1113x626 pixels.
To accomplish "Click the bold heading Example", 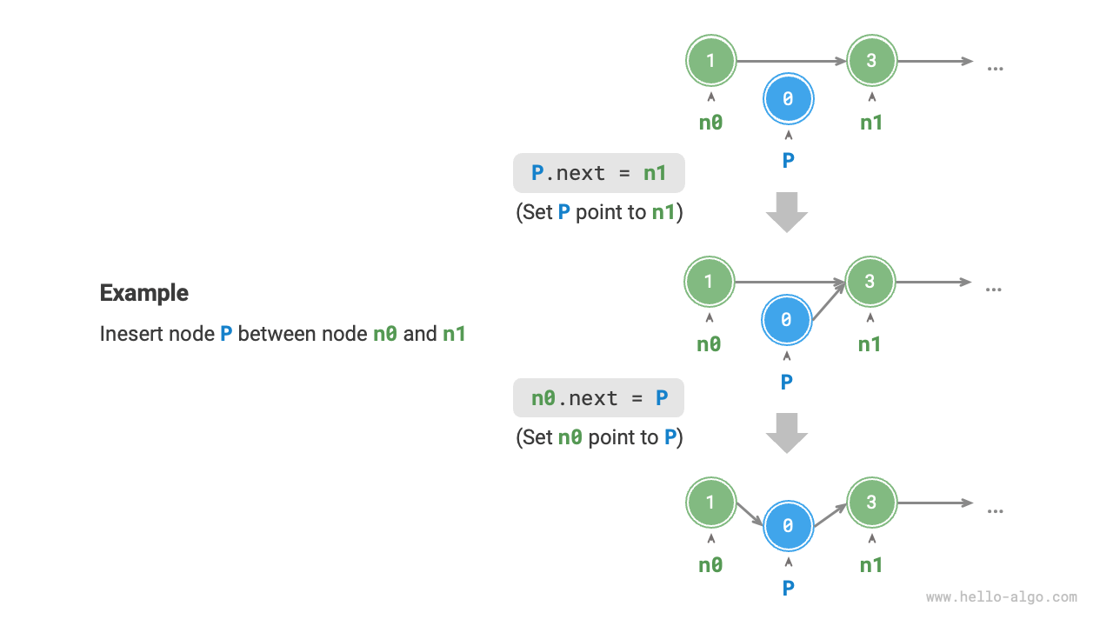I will (x=144, y=293).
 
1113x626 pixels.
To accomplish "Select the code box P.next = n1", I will (x=599, y=173).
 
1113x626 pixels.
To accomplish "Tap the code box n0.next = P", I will (x=599, y=398).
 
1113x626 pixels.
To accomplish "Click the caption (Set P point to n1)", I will (x=599, y=212).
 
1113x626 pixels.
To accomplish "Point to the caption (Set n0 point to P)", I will (x=599, y=437).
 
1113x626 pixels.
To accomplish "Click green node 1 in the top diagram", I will (x=710, y=61).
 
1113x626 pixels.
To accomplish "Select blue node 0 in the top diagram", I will (x=788, y=100).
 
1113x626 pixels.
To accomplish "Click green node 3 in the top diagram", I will (x=871, y=61).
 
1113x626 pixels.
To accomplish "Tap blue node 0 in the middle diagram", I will (x=786, y=321).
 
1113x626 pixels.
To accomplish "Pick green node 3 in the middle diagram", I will (x=870, y=282).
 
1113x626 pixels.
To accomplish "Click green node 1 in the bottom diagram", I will (x=710, y=503).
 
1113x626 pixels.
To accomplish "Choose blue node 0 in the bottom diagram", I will (x=788, y=527).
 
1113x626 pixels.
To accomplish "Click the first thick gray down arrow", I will (x=787, y=213).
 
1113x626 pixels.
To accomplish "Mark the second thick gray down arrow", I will (x=787, y=433).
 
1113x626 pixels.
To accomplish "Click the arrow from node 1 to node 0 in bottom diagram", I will (x=749, y=514).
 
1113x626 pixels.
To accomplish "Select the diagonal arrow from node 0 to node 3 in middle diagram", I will (x=828, y=301).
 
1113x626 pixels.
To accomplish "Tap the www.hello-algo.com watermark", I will (x=1001, y=597).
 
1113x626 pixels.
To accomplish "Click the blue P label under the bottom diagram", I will (x=788, y=589).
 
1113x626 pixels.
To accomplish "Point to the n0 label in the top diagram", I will (x=710, y=123).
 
